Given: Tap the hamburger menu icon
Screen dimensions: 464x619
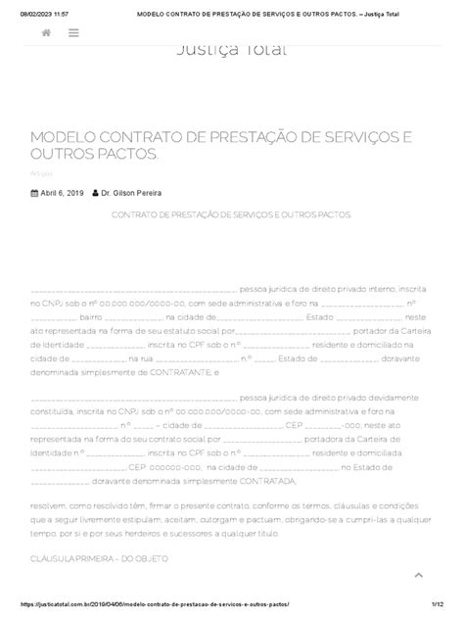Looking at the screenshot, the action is (74, 33).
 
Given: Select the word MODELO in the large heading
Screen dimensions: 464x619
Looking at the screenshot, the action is (66, 140).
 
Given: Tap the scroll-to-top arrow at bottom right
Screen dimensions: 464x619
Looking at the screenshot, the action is (418, 575).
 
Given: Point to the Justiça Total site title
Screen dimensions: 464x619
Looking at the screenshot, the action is (231, 51).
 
